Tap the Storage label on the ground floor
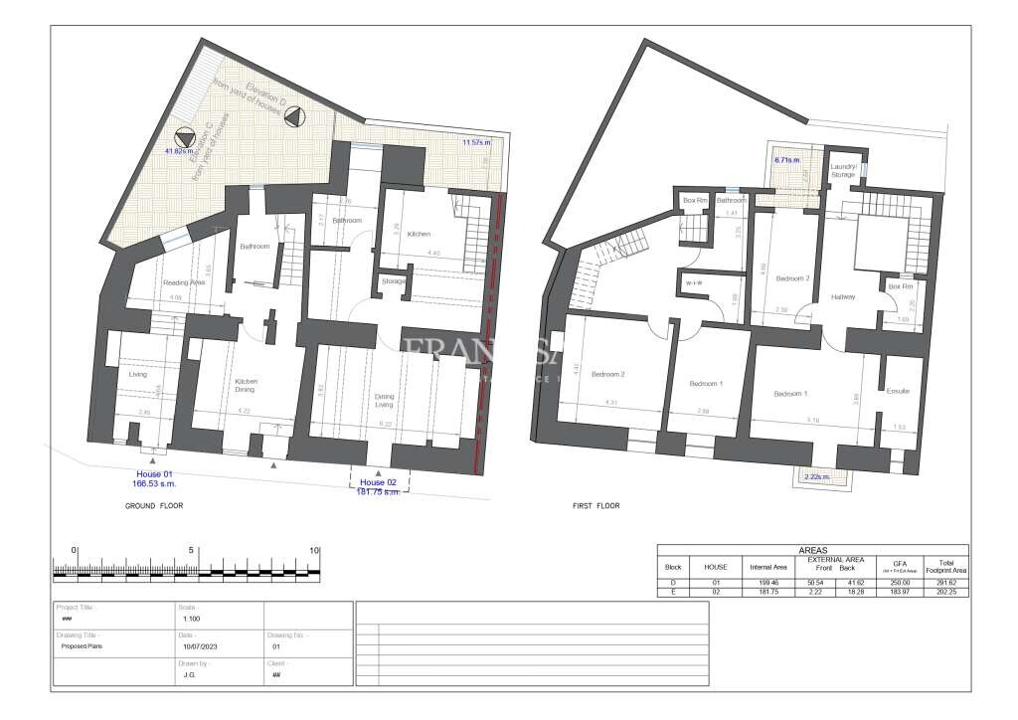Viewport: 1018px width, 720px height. pyautogui.click(x=394, y=282)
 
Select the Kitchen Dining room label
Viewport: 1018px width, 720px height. pyautogui.click(x=246, y=386)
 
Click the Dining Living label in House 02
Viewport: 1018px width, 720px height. pyautogui.click(x=384, y=401)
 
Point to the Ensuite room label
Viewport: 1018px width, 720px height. pyautogui.click(x=898, y=391)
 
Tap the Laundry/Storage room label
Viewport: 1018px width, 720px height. pyautogui.click(x=843, y=171)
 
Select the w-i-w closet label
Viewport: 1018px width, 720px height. pyautogui.click(x=695, y=283)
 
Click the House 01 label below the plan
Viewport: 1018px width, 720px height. pyautogui.click(x=154, y=475)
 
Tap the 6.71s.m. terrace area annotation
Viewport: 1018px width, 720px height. pyautogui.click(x=788, y=158)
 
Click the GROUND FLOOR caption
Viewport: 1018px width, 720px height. pyautogui.click(x=154, y=506)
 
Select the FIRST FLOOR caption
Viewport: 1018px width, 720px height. pyautogui.click(x=596, y=506)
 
